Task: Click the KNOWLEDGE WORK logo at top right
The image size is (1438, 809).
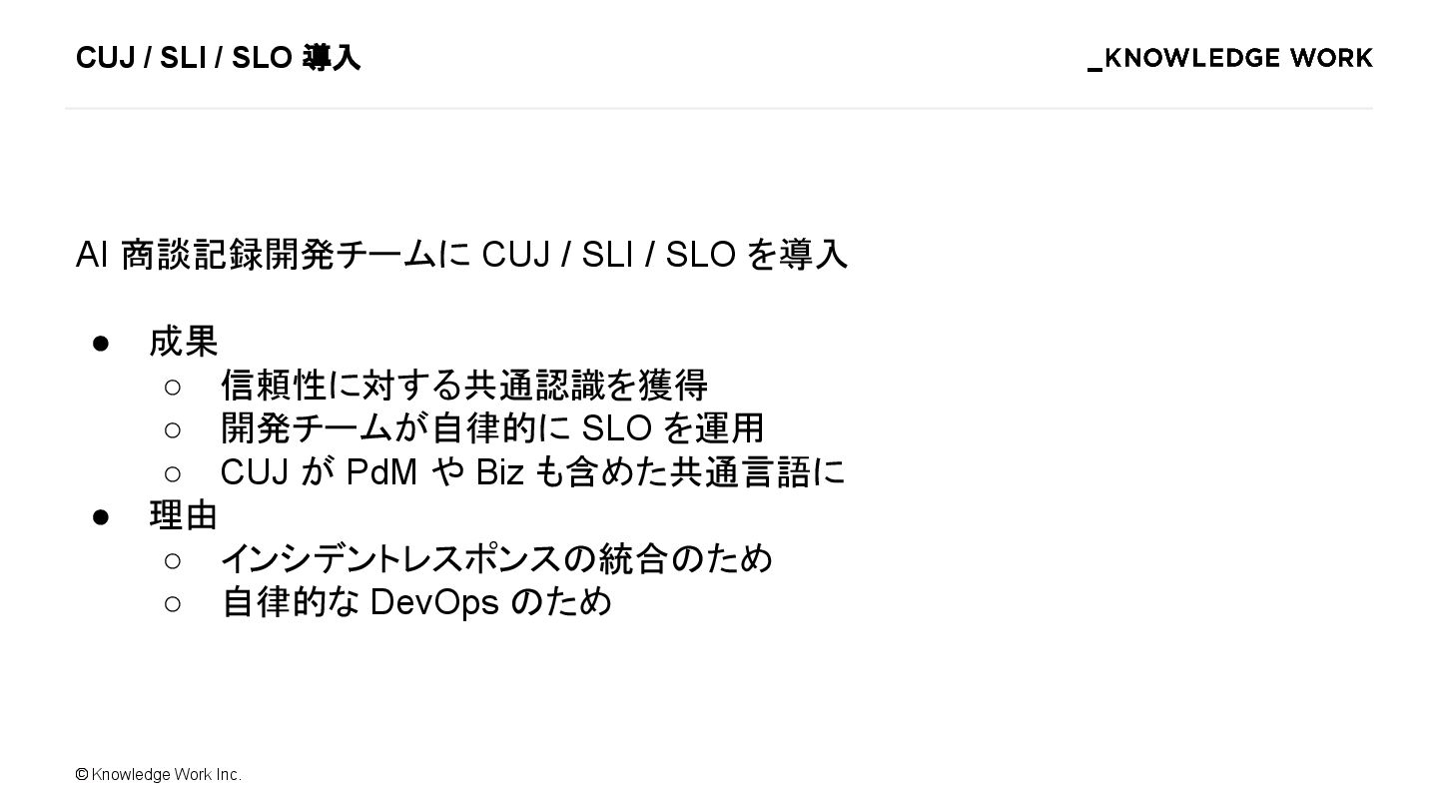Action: click(1230, 59)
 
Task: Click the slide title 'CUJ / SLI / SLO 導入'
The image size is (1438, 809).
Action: click(218, 58)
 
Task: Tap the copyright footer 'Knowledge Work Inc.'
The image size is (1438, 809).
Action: click(166, 775)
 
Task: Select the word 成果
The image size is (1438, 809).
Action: click(184, 342)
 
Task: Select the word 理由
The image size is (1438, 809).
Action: click(184, 515)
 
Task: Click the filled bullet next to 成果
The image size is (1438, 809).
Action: click(100, 344)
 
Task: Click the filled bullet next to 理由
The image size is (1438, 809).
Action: click(100, 516)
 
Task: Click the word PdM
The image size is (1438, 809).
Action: click(381, 471)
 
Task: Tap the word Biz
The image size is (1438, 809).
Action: click(499, 471)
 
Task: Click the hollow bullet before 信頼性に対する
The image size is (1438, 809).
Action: click(172, 387)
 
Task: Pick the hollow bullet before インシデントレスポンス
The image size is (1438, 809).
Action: click(172, 560)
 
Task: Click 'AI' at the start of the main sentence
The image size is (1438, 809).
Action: click(92, 255)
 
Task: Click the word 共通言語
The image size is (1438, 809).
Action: click(740, 471)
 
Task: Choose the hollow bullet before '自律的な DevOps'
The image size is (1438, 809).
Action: click(172, 603)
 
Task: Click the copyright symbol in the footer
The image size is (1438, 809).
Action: click(82, 775)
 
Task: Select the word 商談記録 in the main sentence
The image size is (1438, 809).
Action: click(192, 255)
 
